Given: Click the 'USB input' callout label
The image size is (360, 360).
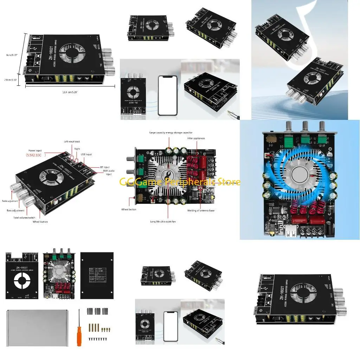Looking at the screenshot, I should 86,154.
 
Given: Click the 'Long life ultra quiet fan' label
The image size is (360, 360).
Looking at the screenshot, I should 168,221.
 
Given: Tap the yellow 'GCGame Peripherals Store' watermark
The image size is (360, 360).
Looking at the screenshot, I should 180,182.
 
